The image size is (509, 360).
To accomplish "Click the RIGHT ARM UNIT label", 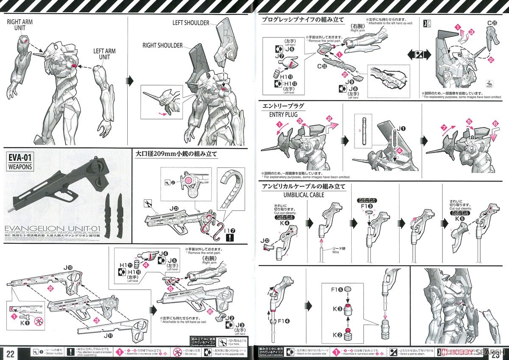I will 20,24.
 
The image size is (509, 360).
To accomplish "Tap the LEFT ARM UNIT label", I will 105,54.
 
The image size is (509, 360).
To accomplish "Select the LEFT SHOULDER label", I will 191,22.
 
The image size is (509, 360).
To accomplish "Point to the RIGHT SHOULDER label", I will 162,45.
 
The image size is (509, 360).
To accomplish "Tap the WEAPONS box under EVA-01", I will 20,167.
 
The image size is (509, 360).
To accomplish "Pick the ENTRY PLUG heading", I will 287,114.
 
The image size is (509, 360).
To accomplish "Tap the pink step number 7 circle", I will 444,127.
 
